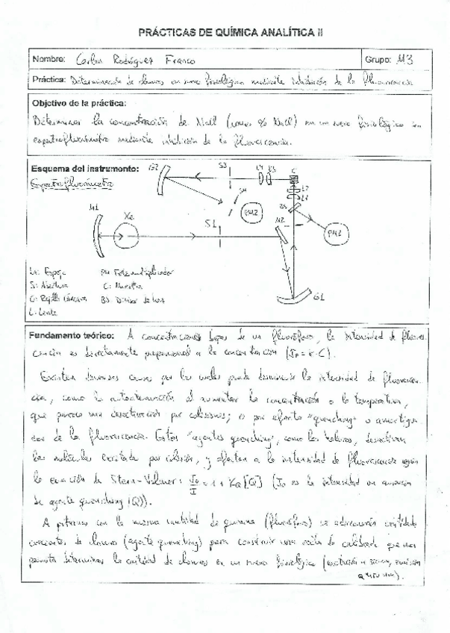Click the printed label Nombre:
[x=49, y=59]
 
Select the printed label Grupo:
[x=378, y=59]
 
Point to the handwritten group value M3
[x=407, y=58]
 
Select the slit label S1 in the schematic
[x=211, y=225]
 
